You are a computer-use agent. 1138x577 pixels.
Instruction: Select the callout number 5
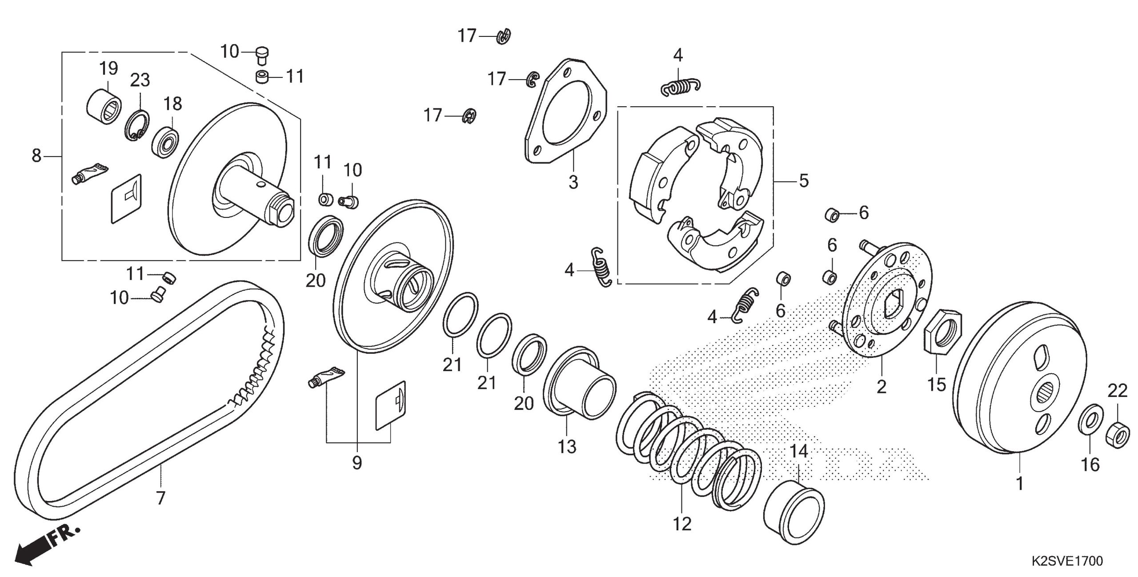pyautogui.click(x=804, y=181)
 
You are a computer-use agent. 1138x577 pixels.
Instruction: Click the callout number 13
pyautogui.click(x=567, y=446)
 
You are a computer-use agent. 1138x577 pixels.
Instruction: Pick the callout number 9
pyautogui.click(x=357, y=463)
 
